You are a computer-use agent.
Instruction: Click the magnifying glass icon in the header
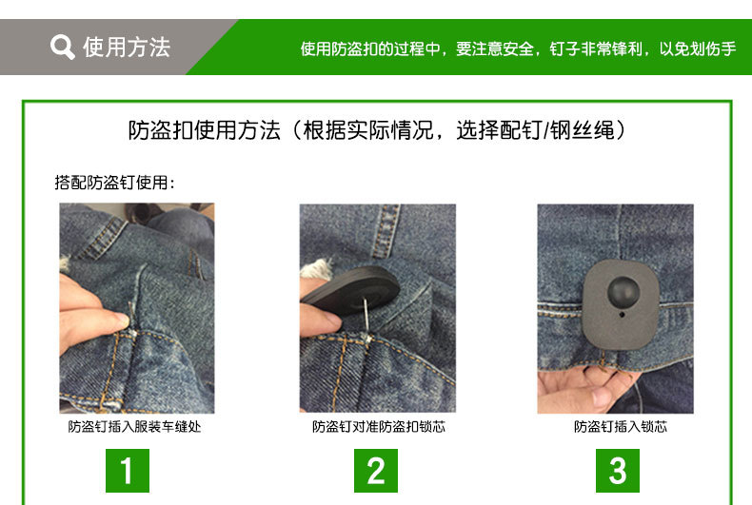(62, 46)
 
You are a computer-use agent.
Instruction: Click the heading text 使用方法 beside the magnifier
(127, 46)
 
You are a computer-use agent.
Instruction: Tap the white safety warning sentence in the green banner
(518, 49)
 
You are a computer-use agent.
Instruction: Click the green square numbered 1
(127, 471)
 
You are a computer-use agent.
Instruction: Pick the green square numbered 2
(375, 471)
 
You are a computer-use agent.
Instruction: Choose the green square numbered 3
(618, 471)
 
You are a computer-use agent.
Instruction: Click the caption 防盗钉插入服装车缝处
(134, 427)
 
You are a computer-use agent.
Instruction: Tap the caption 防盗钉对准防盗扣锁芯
(379, 427)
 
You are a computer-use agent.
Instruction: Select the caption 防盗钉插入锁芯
(620, 427)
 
